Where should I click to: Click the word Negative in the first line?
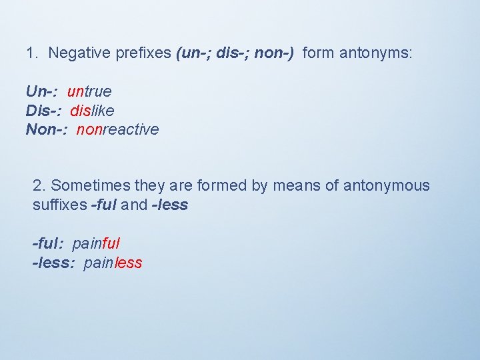(75, 53)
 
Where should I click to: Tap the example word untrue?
(89, 91)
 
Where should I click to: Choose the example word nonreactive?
(118, 129)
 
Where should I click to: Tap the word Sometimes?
(87, 185)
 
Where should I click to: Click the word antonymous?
(387, 185)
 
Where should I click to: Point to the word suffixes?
(59, 205)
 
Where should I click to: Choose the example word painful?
(96, 243)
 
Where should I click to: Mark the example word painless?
(113, 263)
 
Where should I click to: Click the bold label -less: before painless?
(54, 263)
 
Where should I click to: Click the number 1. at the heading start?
(32, 53)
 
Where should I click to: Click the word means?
(295, 185)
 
